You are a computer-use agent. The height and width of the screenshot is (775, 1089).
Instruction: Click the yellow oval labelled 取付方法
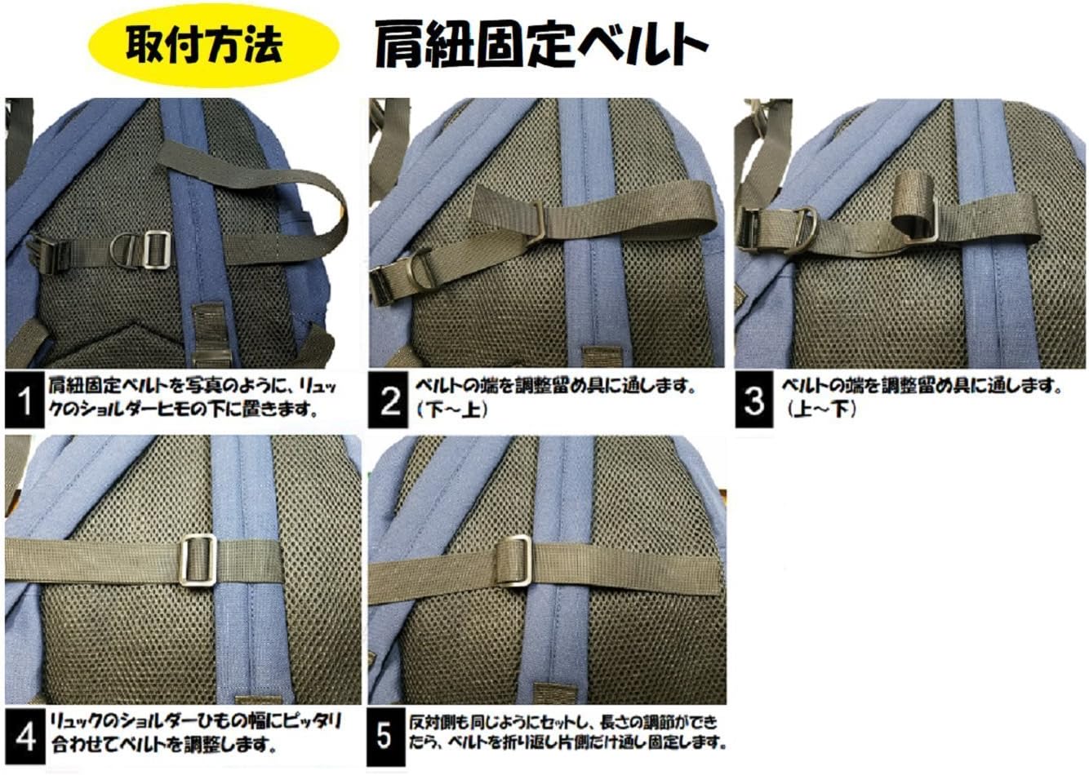point(213,45)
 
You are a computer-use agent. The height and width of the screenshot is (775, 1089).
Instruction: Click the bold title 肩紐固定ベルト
point(541,45)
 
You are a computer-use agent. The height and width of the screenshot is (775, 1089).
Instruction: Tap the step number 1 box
point(24,401)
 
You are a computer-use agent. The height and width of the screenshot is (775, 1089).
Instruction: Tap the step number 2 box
point(388,401)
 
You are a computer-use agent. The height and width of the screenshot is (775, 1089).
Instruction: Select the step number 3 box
point(754,401)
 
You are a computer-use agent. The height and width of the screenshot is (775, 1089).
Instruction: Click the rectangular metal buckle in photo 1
point(158,250)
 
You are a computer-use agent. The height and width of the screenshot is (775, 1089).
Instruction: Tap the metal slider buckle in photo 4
point(198,560)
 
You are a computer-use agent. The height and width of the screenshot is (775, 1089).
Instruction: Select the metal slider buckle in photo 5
point(513,561)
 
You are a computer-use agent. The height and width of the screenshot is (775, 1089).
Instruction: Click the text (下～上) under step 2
point(452,410)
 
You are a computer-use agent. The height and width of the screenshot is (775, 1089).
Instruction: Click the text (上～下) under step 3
point(821,410)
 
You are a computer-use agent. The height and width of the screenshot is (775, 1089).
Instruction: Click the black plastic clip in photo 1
point(49,255)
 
